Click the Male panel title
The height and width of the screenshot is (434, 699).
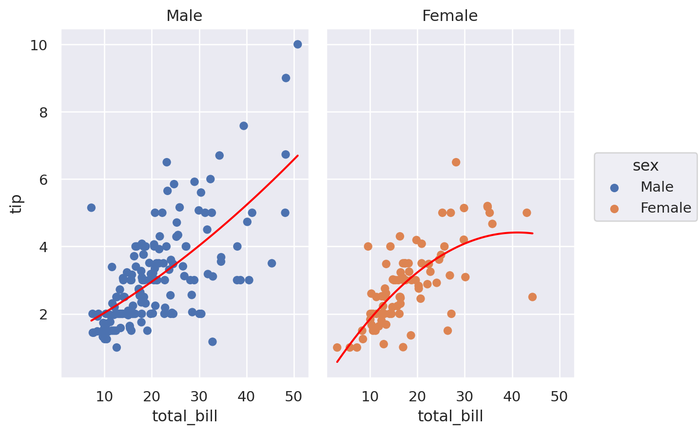click(x=184, y=16)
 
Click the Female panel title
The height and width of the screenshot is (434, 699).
click(x=449, y=16)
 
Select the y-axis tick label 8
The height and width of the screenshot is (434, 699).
click(x=42, y=113)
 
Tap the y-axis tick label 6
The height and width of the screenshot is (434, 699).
click(x=42, y=180)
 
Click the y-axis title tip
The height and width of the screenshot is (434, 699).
click(x=17, y=203)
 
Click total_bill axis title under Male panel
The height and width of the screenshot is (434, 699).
click(x=185, y=416)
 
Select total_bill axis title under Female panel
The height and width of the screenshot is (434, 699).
click(x=450, y=416)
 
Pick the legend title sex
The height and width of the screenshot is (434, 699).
click(x=645, y=166)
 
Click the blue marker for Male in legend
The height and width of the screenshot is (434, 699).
click(x=614, y=188)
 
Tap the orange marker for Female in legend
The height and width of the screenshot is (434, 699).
click(x=614, y=209)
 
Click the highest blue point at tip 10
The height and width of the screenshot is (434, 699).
click(x=298, y=44)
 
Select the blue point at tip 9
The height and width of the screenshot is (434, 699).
click(x=286, y=78)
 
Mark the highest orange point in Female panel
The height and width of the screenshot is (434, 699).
click(x=456, y=162)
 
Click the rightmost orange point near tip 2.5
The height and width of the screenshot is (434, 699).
click(x=532, y=297)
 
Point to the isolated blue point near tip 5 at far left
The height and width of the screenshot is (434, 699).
click(x=91, y=208)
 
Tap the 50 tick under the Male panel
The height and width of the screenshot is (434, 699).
click(x=293, y=396)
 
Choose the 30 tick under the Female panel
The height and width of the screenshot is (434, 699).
click(x=465, y=396)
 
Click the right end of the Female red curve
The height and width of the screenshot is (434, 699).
click(x=533, y=234)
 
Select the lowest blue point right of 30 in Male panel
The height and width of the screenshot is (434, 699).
click(x=213, y=342)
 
